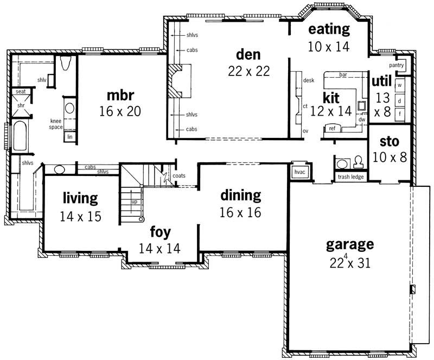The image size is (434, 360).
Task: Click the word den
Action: tap(248, 54)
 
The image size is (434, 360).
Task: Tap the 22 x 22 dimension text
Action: tap(248, 71)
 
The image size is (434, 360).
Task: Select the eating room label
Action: tap(329, 29)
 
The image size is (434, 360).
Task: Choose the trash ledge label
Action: tap(351, 176)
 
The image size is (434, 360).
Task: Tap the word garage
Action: tap(350, 244)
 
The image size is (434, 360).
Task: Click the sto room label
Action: tap(389, 142)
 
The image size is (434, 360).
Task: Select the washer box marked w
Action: tap(400, 85)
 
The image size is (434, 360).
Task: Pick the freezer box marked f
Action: tap(400, 114)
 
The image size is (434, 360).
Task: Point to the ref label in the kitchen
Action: tap(332, 128)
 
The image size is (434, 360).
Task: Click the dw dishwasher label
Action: tap(361, 119)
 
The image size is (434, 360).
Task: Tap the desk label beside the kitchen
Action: tap(309, 80)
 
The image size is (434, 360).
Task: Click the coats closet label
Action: tap(179, 175)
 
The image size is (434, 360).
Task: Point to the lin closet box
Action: tap(69, 137)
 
